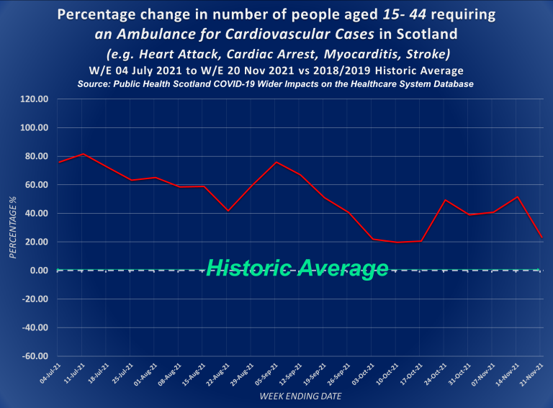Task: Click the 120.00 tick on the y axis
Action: coord(35,99)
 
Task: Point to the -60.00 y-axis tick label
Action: coord(35,356)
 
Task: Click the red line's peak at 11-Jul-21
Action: coord(84,154)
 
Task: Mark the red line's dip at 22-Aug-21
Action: coord(228,211)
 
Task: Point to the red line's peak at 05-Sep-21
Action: coord(276,162)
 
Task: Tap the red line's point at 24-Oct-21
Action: coord(445,200)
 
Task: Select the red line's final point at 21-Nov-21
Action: coord(541,237)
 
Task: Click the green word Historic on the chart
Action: coord(247,268)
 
